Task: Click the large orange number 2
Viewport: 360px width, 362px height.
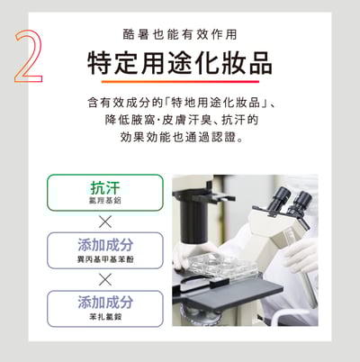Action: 29,57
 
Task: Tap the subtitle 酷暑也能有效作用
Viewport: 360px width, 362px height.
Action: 180,35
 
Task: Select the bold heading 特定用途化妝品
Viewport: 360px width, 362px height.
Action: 180,64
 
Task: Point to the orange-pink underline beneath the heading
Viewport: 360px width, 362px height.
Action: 180,82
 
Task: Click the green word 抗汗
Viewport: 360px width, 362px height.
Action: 105,187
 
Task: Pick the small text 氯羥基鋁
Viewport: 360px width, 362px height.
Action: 105,202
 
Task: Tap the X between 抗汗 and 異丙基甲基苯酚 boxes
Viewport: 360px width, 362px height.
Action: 105,222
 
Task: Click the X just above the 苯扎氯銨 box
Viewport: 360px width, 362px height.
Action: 105,279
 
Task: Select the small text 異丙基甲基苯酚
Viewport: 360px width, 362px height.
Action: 105,259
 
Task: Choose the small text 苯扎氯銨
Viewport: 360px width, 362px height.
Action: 105,317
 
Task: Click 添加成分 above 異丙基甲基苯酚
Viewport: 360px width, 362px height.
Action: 105,244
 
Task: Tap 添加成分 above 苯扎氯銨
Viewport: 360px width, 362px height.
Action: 105,302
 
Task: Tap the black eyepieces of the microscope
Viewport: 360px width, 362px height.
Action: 289,197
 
